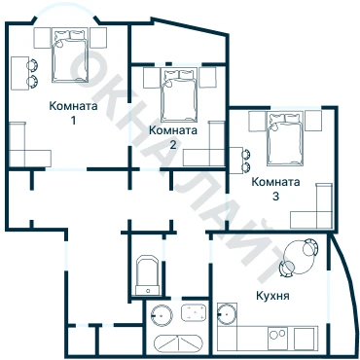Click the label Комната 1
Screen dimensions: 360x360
pos(73,113)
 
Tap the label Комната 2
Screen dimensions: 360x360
pos(173,137)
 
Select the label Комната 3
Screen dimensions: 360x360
pos(275,189)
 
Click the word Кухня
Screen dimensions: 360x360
pos(272,296)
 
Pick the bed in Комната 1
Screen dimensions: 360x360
pos(70,55)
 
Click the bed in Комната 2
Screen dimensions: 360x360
pos(179,95)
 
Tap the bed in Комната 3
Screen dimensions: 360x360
pos(285,138)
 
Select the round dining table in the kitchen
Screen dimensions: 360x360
pos(299,257)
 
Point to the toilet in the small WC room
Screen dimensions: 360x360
pos(148,275)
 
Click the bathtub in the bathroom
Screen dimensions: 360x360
pos(178,343)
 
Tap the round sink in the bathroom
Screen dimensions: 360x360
pos(162,315)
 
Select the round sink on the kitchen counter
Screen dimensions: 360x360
pos(228,314)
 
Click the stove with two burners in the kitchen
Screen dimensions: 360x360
pos(277,339)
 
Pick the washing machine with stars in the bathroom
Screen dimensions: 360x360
pos(194,312)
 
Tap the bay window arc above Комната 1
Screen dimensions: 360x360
pos(66,7)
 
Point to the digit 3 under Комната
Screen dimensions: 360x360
pos(275,196)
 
